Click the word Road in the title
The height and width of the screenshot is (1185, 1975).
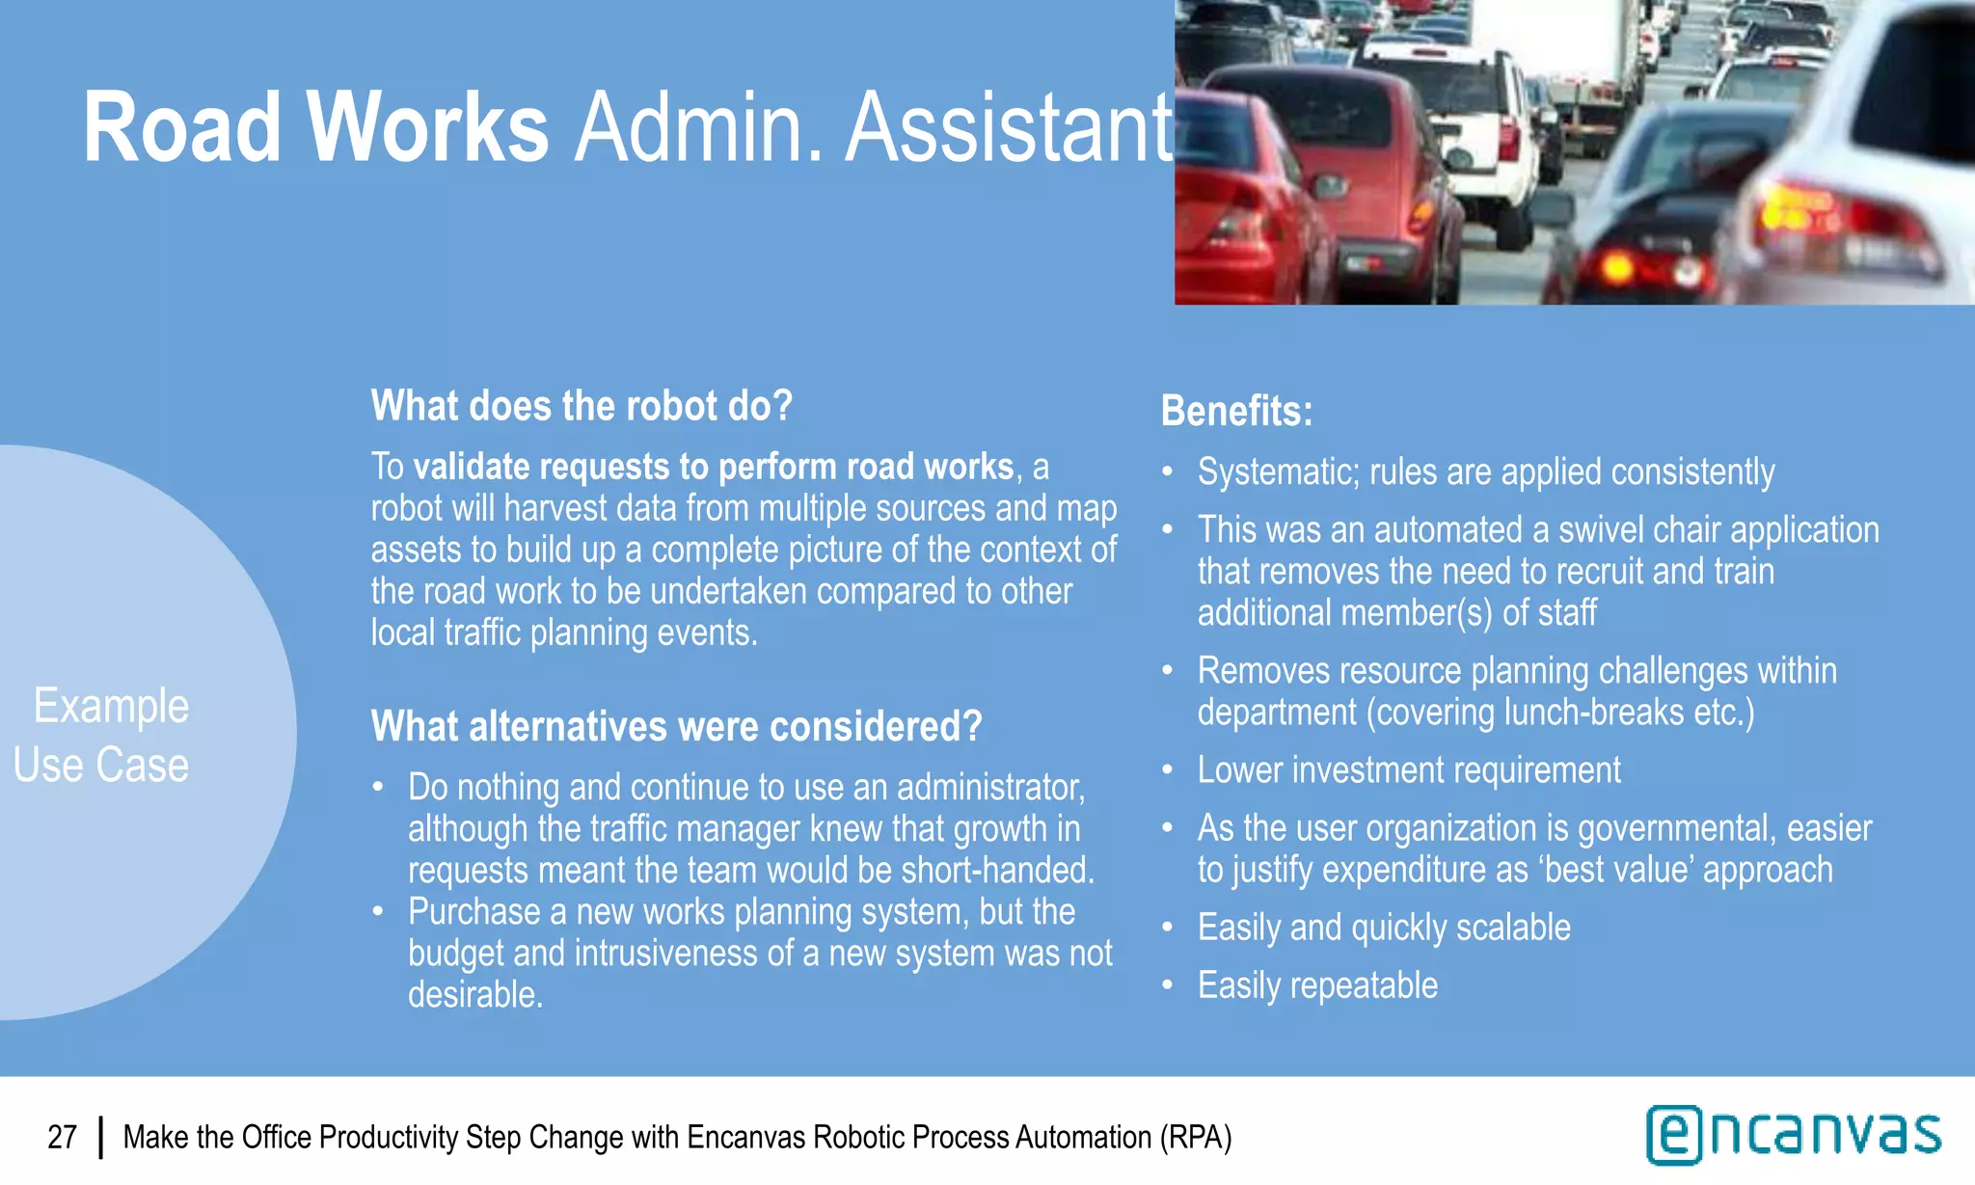coord(181,128)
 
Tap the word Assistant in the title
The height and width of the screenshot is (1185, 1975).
coord(1009,128)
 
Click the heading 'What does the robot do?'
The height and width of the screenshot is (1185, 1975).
coord(582,406)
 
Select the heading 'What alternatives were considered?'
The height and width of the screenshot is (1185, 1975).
coord(676,726)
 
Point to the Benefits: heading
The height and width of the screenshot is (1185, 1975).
coord(1236,411)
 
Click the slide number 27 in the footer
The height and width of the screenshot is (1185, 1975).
coord(63,1138)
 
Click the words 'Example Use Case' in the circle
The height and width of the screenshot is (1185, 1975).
coord(106,735)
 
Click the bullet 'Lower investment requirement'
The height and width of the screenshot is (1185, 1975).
coord(1408,770)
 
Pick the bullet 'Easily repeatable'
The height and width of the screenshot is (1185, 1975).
coord(1316,985)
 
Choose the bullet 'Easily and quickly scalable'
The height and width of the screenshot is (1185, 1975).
coord(1383,928)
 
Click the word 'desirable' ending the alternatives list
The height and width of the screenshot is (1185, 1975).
coord(473,995)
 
